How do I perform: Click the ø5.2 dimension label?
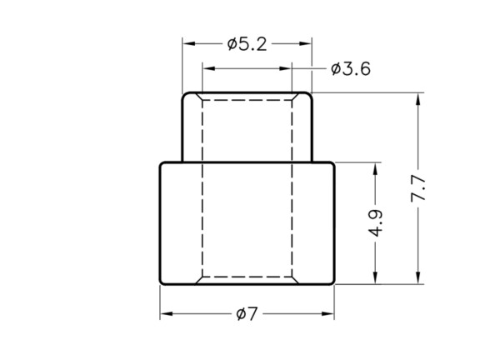(x=247, y=44)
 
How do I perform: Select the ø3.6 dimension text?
(x=351, y=69)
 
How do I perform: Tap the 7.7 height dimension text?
(x=418, y=188)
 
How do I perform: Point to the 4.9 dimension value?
(x=375, y=223)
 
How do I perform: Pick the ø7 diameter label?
(x=247, y=314)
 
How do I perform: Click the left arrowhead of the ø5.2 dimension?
(x=189, y=43)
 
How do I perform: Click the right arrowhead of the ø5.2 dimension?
(x=305, y=43)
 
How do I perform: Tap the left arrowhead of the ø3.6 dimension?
(x=209, y=68)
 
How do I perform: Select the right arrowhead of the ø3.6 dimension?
(x=285, y=68)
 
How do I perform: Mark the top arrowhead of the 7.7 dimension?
(x=418, y=99)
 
